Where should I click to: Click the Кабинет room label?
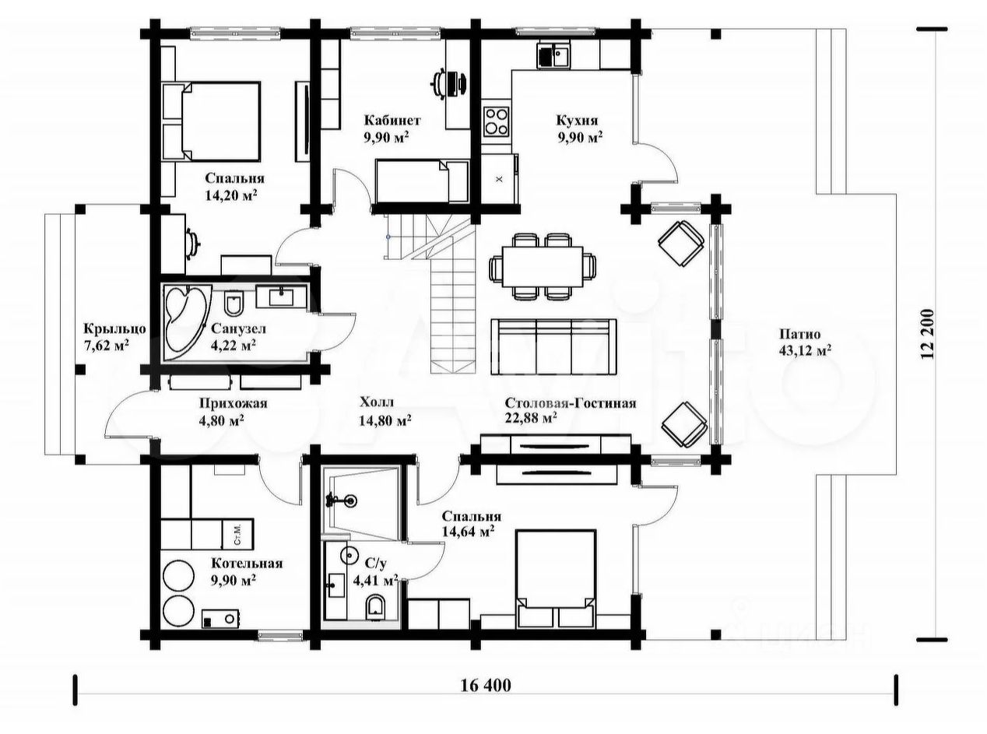click(392, 120)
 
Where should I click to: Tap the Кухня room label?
click(577, 120)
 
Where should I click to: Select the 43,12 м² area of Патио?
click(806, 350)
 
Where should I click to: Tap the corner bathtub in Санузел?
click(184, 322)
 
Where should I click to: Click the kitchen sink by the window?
click(553, 55)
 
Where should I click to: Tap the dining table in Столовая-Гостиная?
click(543, 267)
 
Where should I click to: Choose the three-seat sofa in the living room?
click(553, 347)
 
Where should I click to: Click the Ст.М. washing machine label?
click(237, 534)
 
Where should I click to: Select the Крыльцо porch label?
click(114, 329)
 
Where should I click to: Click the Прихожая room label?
click(233, 403)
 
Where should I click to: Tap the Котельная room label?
click(247, 563)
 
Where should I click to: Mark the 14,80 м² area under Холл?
click(385, 420)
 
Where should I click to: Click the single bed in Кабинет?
click(422, 181)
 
